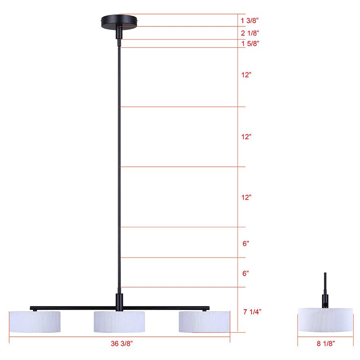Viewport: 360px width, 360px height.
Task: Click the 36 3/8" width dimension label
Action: pyautogui.click(x=119, y=343)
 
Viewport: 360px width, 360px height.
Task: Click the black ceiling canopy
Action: pyautogui.click(x=120, y=20)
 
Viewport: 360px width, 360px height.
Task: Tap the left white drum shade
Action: pyautogui.click(x=35, y=321)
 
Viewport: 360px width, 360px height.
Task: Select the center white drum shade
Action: pyautogui.click(x=120, y=321)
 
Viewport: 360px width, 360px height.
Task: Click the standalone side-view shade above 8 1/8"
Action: pyautogui.click(x=325, y=320)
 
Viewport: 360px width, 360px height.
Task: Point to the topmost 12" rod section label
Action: pyautogui.click(x=246, y=75)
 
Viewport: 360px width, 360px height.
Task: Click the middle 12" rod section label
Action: pyautogui.click(x=246, y=137)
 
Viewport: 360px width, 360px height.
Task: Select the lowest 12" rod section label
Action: pyautogui.click(x=246, y=197)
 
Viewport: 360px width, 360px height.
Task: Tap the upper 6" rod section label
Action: pyautogui.click(x=246, y=243)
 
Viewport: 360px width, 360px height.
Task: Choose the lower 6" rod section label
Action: pyautogui.click(x=246, y=274)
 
